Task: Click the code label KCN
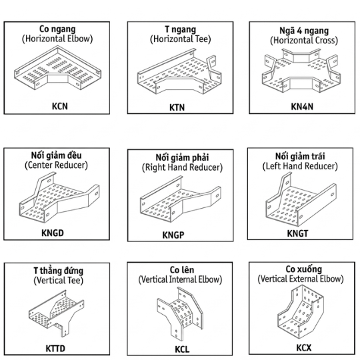coord(60,106)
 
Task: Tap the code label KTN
coord(177,107)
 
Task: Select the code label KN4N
coord(302,107)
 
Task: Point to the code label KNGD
coord(53,233)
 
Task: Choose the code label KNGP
coord(173,235)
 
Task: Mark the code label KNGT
coord(297,233)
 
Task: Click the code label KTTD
coord(55,349)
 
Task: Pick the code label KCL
coord(182,349)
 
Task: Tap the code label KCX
coord(304,348)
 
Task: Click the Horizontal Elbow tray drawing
coord(57,68)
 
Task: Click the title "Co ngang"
coord(57,29)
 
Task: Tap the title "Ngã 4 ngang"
coord(304,31)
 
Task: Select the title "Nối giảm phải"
coord(182,157)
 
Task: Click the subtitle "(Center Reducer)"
coord(56,165)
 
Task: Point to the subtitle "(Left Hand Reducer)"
coord(300,166)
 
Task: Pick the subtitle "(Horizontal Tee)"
coord(181,39)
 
